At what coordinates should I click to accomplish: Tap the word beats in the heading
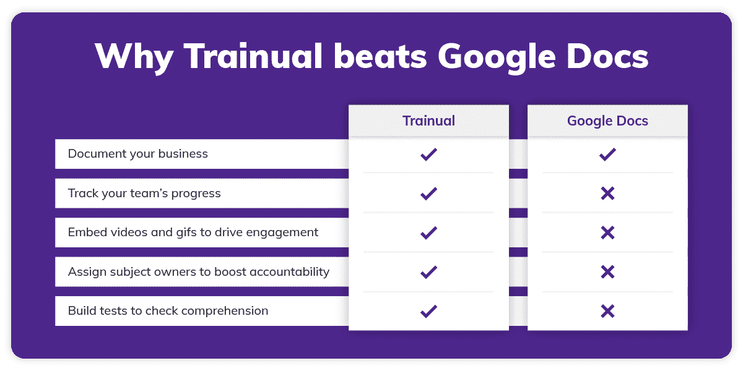coord(387,57)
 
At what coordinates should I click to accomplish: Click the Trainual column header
coord(428,121)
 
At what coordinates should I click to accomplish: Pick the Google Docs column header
coord(607,121)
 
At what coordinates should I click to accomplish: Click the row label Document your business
coord(137,154)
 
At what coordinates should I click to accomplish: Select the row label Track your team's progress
coord(144,194)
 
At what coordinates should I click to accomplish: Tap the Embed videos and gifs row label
coord(193,232)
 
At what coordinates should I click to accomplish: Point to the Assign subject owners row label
coord(198,272)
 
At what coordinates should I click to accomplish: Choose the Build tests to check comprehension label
coord(168,311)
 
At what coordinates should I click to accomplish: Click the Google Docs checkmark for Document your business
coord(607,155)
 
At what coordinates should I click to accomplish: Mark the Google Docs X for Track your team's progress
coord(607,194)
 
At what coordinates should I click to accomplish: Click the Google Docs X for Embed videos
coord(607,232)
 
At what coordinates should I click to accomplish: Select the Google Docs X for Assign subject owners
coord(607,272)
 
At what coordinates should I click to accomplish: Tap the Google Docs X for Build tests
coord(607,311)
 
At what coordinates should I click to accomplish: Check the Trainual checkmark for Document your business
coord(428,155)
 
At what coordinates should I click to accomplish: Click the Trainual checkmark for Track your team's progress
coord(428,194)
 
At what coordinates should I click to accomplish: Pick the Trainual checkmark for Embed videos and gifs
coord(428,232)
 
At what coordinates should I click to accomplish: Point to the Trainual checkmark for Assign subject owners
coord(428,272)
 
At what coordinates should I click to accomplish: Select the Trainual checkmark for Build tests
coord(428,311)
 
